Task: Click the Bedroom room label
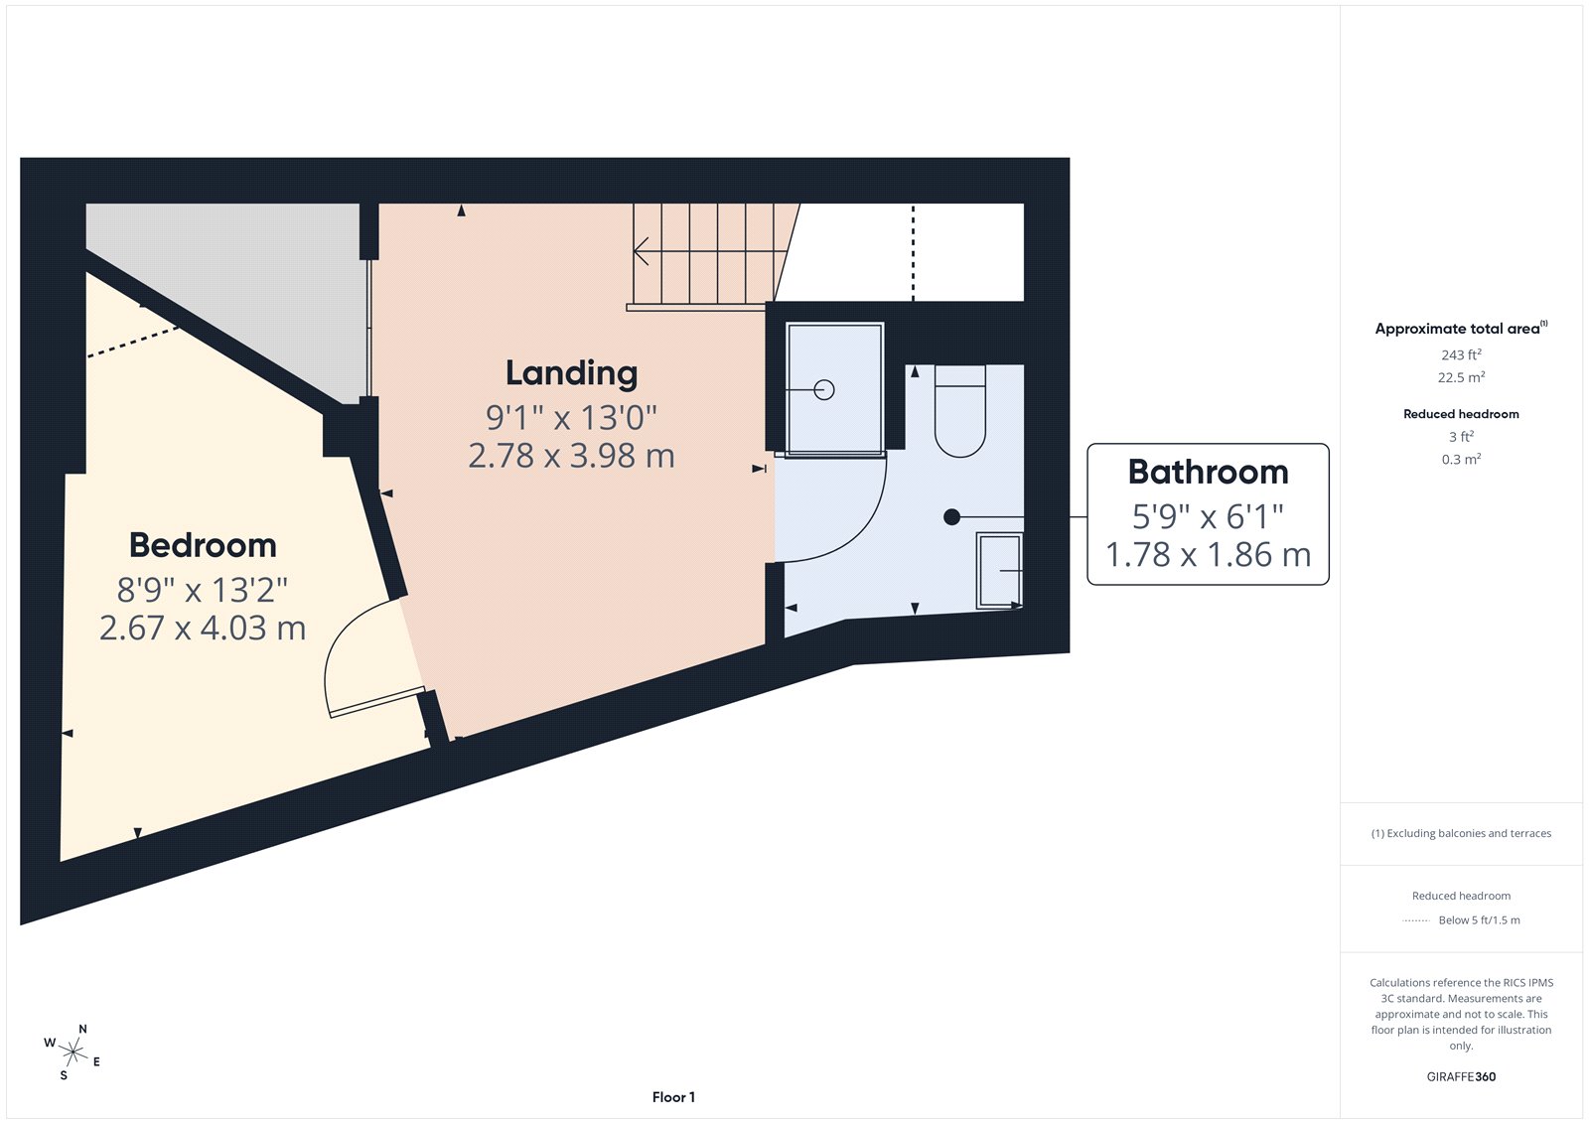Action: pyautogui.click(x=203, y=545)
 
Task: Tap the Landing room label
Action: pyautogui.click(x=571, y=372)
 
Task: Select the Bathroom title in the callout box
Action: pyautogui.click(x=1208, y=472)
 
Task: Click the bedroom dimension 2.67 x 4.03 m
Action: pyautogui.click(x=203, y=628)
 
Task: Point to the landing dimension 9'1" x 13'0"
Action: pyautogui.click(x=571, y=417)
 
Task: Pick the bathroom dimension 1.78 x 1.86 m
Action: pyautogui.click(x=1208, y=554)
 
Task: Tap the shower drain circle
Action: pyautogui.click(x=824, y=390)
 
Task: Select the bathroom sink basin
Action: pyautogui.click(x=999, y=571)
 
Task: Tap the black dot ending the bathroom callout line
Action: pyautogui.click(x=951, y=516)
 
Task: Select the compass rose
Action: pyautogui.click(x=72, y=1051)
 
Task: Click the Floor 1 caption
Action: pyautogui.click(x=673, y=1097)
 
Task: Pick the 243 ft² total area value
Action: pyautogui.click(x=1461, y=354)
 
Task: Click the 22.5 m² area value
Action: pyautogui.click(x=1461, y=377)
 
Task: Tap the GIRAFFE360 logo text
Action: pyautogui.click(x=1461, y=1076)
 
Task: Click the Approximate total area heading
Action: pyautogui.click(x=1457, y=329)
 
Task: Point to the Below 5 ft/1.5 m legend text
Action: pyautogui.click(x=1479, y=920)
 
